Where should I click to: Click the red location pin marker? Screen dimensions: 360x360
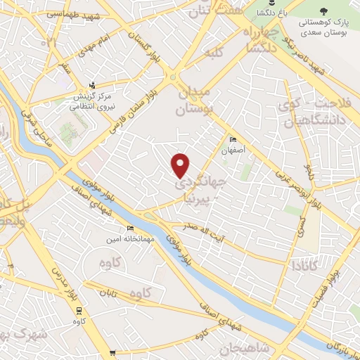click(x=181, y=165)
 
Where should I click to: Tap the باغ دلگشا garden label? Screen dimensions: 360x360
click(x=270, y=13)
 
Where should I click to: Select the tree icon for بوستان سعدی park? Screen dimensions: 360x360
click(x=323, y=11)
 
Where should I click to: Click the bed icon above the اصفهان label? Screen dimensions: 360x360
click(x=233, y=140)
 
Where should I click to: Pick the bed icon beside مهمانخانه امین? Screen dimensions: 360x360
click(x=129, y=229)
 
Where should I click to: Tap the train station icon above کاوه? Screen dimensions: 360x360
click(x=79, y=309)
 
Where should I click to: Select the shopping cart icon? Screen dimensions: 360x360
click(x=112, y=354)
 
